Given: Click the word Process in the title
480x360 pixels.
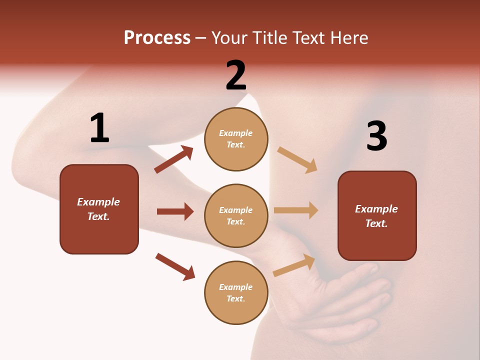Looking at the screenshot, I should pos(157,38).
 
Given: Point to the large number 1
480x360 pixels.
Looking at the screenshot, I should pos(99,128).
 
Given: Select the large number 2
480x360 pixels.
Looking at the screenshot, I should pos(236,75).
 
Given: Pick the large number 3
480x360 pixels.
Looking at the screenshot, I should pos(376,136).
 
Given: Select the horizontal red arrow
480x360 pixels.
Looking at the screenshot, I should pos(175,211).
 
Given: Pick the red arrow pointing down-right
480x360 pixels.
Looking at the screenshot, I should pos(175,266).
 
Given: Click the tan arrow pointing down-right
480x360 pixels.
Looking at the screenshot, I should pos(297,160).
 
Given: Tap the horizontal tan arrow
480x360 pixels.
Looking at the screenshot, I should pos(295,210).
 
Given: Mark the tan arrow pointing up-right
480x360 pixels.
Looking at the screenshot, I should pos(294,265).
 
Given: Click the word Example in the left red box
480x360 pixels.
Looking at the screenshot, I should pos(98,202).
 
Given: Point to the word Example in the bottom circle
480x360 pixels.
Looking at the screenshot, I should pos(235,287).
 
